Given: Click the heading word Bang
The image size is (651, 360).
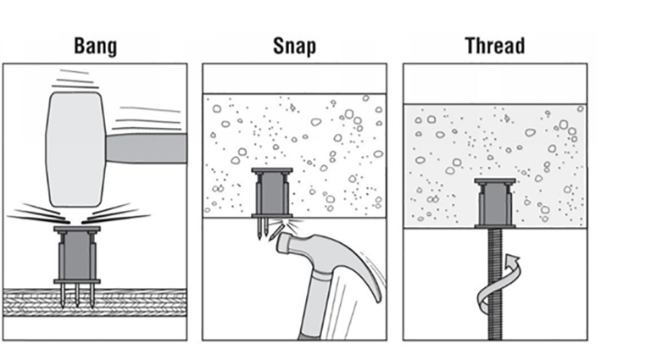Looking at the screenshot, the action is pyautogui.click(x=95, y=47).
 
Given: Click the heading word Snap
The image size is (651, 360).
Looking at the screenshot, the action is pyautogui.click(x=294, y=47).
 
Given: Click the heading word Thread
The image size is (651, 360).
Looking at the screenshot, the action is pyautogui.click(x=495, y=46).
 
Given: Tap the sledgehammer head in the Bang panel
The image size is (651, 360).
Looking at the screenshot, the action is pyautogui.click(x=75, y=149).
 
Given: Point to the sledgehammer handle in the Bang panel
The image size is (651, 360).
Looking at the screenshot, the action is pyautogui.click(x=146, y=148).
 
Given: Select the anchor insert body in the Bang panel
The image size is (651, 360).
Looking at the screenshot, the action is pyautogui.click(x=77, y=256).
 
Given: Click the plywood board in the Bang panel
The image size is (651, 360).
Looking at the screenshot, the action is pyautogui.click(x=95, y=302).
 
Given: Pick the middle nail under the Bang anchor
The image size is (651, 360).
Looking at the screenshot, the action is pyautogui.click(x=77, y=296).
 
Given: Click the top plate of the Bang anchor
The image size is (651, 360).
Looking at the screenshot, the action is pyautogui.click(x=77, y=229).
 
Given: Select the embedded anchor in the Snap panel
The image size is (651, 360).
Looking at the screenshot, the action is pyautogui.click(x=272, y=193).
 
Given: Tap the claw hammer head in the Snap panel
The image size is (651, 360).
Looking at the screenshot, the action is pyautogui.click(x=307, y=249).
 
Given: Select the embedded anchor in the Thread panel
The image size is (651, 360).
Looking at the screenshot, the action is pyautogui.click(x=495, y=203).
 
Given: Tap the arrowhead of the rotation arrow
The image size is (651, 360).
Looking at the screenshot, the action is pyautogui.click(x=513, y=262).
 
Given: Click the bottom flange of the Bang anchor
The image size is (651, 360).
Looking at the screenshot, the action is pyautogui.click(x=77, y=281).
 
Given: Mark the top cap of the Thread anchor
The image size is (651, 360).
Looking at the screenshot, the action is pyautogui.click(x=495, y=181).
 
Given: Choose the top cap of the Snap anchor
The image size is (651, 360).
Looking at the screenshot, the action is pyautogui.click(x=272, y=170).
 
